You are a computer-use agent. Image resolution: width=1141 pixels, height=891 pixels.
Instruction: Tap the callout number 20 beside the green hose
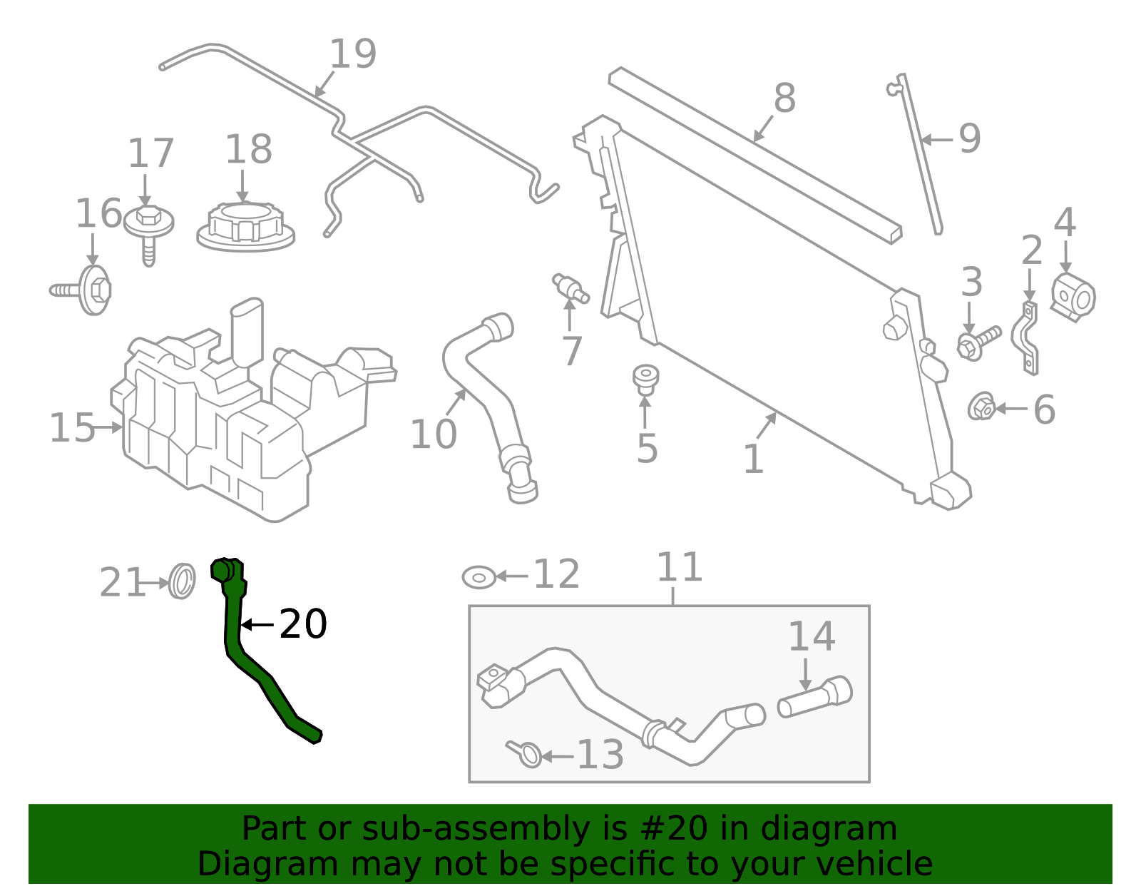coord(303,624)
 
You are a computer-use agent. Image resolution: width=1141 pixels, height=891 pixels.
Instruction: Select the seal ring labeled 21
coord(183,581)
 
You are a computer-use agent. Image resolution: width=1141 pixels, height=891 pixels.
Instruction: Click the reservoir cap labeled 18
coord(245,226)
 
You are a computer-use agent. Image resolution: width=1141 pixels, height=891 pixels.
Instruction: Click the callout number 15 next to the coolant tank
coord(71,428)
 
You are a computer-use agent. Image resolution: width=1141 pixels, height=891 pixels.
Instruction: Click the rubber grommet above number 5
coord(645,378)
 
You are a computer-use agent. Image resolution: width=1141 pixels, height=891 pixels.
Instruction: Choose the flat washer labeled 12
coord(479,576)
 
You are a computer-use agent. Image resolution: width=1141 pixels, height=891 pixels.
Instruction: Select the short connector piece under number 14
coord(815,697)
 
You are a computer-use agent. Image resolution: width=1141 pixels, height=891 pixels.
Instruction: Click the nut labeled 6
coord(982,407)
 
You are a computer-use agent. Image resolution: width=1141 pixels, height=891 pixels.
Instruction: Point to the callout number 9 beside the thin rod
coord(970,138)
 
